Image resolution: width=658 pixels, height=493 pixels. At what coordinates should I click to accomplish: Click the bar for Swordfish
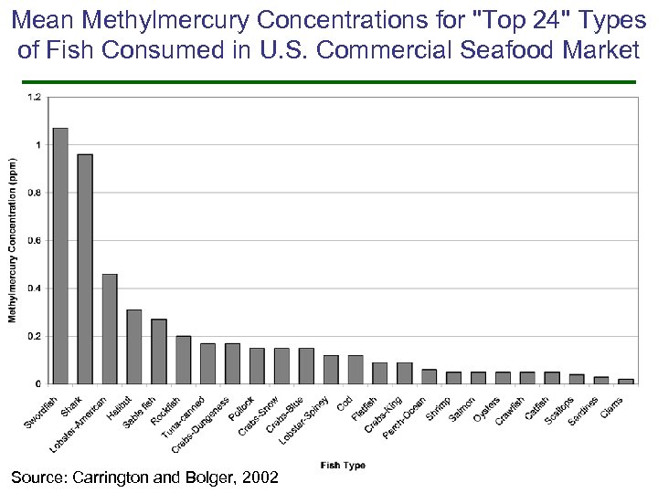pos(60,256)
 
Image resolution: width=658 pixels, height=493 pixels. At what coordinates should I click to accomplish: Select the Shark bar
pos(85,269)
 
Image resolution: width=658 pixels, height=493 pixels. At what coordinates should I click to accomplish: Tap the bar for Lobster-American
pos(110,329)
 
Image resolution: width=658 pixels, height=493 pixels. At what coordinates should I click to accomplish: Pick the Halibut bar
pos(134,347)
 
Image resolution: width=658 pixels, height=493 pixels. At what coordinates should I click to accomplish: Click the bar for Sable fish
pos(159,351)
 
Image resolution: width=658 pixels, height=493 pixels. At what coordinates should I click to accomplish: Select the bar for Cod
pos(355,370)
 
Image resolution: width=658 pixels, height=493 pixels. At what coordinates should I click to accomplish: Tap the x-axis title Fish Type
pos(343,466)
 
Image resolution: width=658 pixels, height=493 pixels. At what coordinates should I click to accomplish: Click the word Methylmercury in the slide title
pos(158,20)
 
